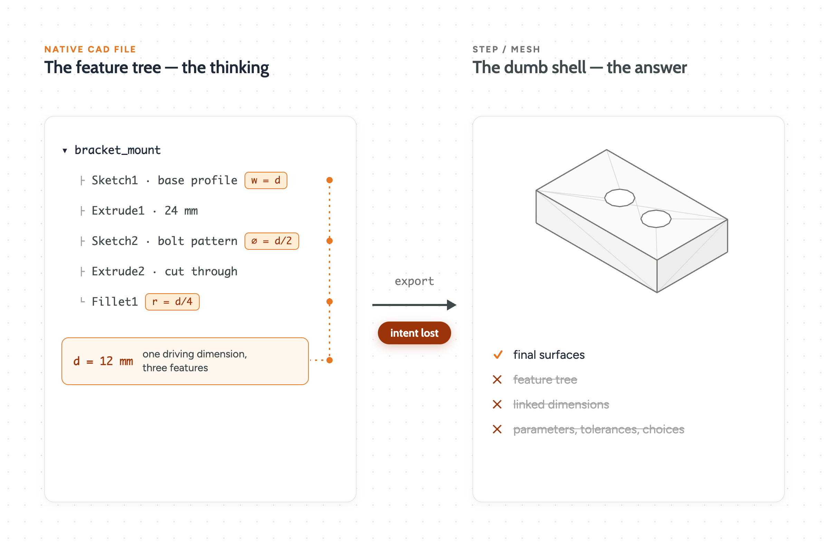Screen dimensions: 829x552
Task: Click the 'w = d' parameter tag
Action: pos(266,180)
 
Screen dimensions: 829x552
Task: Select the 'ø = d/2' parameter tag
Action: pos(272,241)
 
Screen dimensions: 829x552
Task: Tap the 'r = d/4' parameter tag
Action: pos(172,302)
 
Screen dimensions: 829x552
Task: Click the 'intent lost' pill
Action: pos(414,333)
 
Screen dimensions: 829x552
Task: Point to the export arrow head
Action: pos(452,305)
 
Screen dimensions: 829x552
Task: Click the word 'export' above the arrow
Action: pos(414,281)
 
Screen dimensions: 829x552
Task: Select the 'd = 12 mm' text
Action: pos(103,361)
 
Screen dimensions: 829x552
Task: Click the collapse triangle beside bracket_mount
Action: pos(65,151)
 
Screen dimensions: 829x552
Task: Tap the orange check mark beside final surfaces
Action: pos(498,355)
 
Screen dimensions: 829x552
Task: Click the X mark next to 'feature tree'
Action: pos(497,379)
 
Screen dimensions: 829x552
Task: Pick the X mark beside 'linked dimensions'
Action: pos(497,404)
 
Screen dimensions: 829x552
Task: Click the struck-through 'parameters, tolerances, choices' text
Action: pos(599,430)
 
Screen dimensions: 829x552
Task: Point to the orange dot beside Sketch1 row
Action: pos(330,180)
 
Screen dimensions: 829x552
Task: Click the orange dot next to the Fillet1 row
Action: pos(330,302)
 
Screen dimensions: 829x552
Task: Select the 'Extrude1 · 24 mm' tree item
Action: pos(144,210)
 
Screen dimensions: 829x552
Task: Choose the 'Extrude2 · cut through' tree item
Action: pos(164,272)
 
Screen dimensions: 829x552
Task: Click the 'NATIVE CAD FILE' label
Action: pos(90,49)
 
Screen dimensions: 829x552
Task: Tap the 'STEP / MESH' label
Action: pos(506,49)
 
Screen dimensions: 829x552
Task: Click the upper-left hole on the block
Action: pos(620,198)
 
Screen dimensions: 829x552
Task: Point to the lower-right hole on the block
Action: pos(656,219)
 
